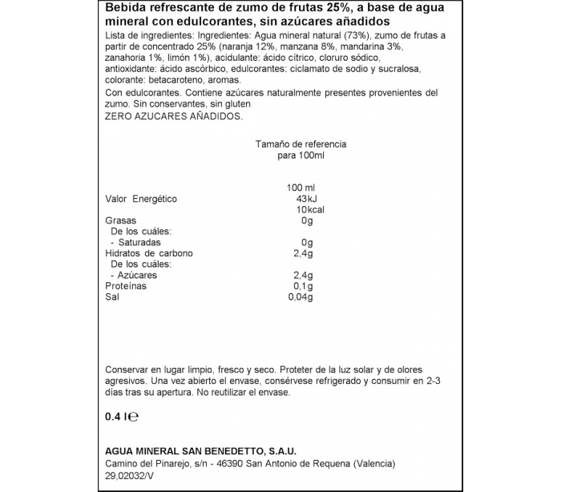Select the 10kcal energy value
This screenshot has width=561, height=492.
(x=300, y=210)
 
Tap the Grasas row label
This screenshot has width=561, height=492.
(x=121, y=220)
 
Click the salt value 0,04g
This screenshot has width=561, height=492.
(x=299, y=297)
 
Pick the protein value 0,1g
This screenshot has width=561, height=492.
(x=303, y=286)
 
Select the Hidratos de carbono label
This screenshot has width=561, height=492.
(x=149, y=253)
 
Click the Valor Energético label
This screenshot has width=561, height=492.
(x=141, y=199)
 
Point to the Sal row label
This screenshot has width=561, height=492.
(x=112, y=297)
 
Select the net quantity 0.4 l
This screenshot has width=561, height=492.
(x=117, y=417)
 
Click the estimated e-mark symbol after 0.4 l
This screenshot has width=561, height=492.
(x=136, y=417)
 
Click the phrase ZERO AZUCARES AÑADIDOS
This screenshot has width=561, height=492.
(x=173, y=115)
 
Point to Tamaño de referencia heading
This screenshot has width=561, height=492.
(x=301, y=143)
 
